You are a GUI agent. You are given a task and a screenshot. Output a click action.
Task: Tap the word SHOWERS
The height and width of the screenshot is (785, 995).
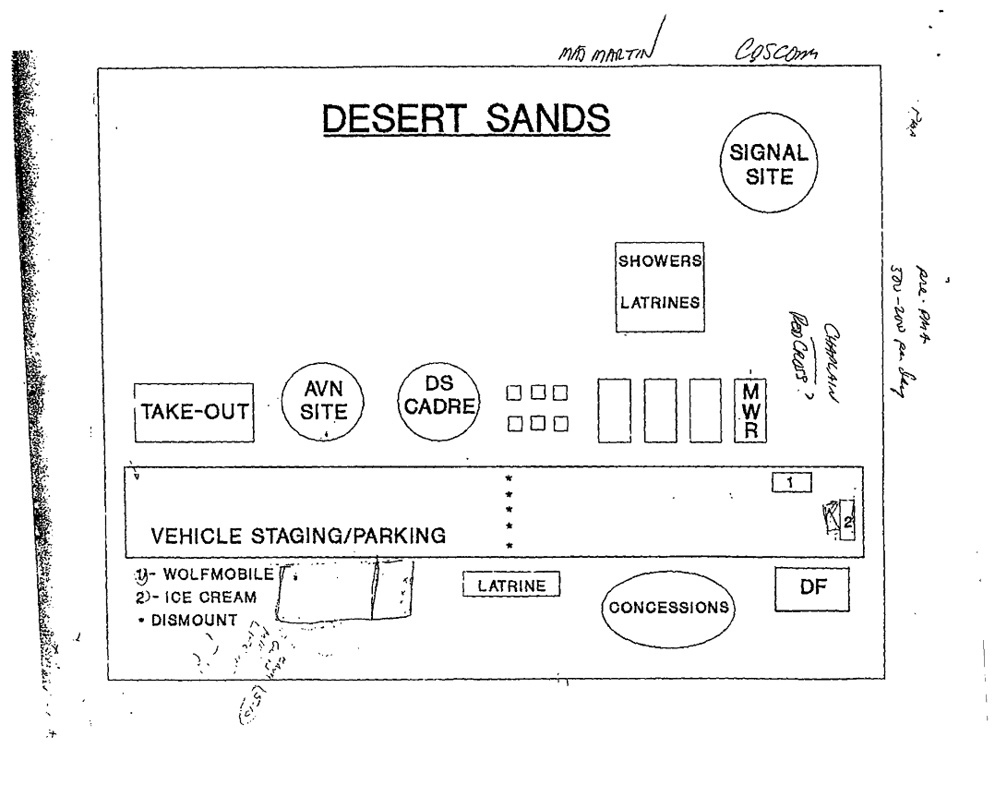tap(660, 260)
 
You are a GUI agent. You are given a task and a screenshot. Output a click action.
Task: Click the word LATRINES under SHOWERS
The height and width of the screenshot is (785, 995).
tap(660, 302)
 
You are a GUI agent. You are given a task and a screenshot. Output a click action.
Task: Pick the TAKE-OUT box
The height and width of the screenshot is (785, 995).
tap(194, 412)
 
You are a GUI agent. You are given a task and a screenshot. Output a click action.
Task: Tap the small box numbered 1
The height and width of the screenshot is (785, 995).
tap(791, 481)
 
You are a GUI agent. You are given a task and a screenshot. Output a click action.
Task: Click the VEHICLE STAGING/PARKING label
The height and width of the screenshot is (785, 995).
tap(298, 536)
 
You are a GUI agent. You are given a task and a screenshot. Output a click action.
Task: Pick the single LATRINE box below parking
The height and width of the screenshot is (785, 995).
tap(512, 585)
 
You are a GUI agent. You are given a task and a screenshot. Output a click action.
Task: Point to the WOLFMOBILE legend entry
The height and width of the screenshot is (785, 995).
tap(210, 574)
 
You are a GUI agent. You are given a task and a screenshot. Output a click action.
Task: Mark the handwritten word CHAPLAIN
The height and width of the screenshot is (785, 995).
tap(828, 361)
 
